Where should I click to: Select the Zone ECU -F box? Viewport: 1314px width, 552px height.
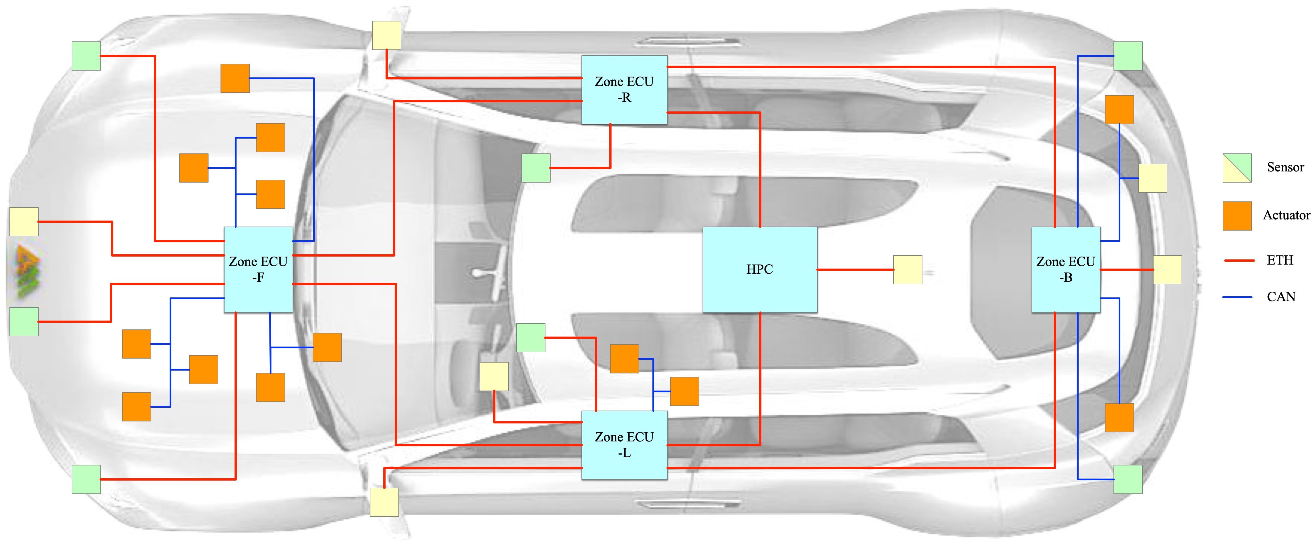258,270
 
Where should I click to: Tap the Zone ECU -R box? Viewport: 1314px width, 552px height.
624,90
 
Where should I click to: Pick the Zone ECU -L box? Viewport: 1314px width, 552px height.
624,445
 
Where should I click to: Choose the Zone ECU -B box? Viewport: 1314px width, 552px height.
1066,270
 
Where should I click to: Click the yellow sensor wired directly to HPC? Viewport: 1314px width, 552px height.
908,270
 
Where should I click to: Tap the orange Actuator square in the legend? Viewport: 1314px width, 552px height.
1237,216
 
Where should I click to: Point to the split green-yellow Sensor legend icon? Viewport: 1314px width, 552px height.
1237,168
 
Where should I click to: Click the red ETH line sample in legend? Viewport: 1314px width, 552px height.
1239,261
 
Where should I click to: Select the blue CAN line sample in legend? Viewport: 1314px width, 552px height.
1237,297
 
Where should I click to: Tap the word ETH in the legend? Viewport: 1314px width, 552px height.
1280,261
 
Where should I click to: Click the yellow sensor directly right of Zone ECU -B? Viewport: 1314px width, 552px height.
1168,270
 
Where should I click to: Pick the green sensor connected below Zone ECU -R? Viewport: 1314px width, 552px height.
536,168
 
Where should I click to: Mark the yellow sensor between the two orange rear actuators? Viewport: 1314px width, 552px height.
1152,178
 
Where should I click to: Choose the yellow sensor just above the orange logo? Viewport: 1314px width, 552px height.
24,222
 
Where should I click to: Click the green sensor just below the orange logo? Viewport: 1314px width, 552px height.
24,322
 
